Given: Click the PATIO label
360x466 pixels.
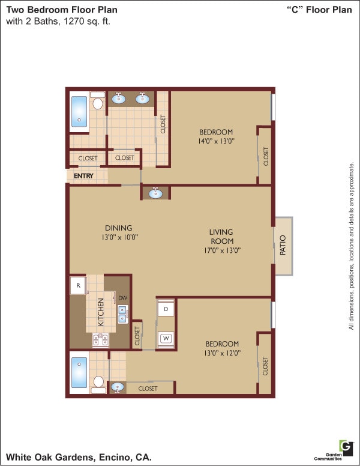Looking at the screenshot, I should pos(283,246).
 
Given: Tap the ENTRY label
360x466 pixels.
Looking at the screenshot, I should pos(83,176).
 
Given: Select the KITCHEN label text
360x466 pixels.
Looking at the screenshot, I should pos(101,312).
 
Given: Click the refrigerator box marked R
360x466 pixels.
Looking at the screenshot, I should pos(78,286).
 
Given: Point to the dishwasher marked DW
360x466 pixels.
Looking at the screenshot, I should pos(122,298).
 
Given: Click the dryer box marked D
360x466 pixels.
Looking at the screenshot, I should pos(166,309).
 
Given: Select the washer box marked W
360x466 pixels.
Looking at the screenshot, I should pos(166,339).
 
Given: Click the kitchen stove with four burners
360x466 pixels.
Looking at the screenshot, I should pos(100,340).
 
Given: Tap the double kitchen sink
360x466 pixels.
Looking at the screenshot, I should pos(122,314).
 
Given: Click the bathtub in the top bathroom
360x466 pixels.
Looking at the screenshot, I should pos(79,112).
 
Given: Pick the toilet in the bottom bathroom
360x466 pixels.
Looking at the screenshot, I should pos(98,383).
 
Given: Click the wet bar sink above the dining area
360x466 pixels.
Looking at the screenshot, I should pos(156,193).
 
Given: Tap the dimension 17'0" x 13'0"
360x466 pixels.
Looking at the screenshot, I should pos(221,250).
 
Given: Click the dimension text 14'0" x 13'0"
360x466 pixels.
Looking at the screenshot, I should pos(215,142).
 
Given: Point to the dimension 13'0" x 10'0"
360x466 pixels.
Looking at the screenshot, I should pos(118,237).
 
